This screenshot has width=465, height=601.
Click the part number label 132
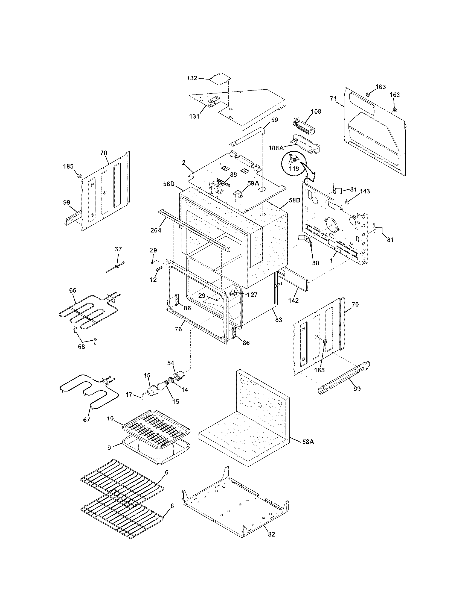(192, 78)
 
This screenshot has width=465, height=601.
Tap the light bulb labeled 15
(160, 385)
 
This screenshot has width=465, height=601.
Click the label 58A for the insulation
(308, 442)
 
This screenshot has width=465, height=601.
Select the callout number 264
(156, 230)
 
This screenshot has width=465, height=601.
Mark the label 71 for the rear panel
(333, 98)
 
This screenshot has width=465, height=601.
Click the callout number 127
(252, 295)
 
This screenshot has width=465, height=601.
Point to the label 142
(293, 300)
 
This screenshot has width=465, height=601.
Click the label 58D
(168, 183)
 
